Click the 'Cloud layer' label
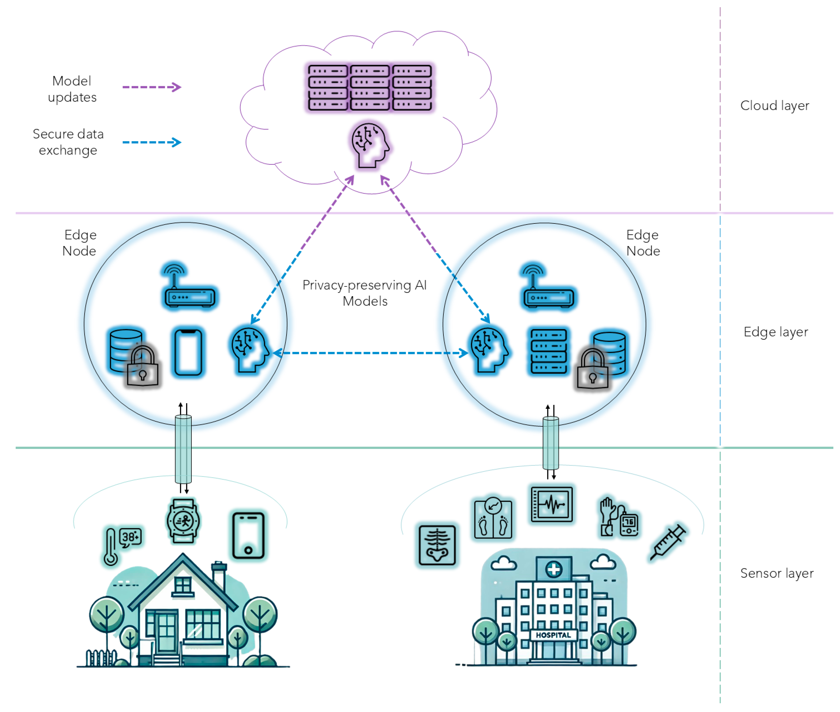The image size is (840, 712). click(x=774, y=106)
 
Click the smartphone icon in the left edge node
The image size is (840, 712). click(x=188, y=352)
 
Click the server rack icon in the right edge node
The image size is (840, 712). click(x=548, y=351)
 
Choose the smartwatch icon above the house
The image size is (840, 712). click(x=183, y=521)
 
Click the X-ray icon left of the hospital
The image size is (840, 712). click(x=437, y=545)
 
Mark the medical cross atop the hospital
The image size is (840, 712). click(x=553, y=569)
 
